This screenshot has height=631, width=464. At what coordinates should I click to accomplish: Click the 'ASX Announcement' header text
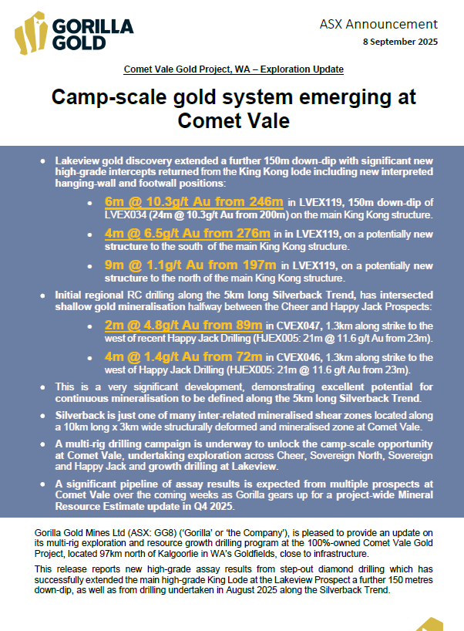[378, 25]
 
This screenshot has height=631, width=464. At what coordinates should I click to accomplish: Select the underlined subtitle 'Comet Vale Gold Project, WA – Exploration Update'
[234, 69]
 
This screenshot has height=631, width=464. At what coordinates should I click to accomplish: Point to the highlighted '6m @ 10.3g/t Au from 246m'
[193, 202]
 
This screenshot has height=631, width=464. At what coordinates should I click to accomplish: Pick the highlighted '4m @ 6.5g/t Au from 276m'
[187, 234]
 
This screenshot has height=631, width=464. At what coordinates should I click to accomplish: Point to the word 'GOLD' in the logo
[80, 44]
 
